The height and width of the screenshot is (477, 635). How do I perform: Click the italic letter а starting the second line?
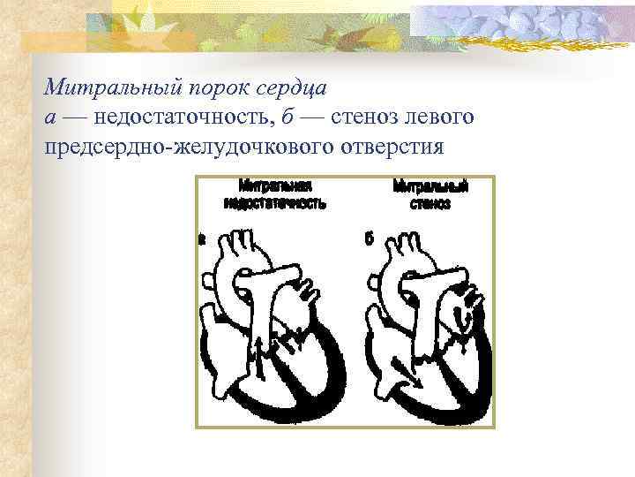49,117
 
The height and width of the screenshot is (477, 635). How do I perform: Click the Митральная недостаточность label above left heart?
275,194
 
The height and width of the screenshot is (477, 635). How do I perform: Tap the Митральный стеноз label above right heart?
430,194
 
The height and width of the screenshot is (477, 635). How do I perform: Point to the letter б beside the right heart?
369,238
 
